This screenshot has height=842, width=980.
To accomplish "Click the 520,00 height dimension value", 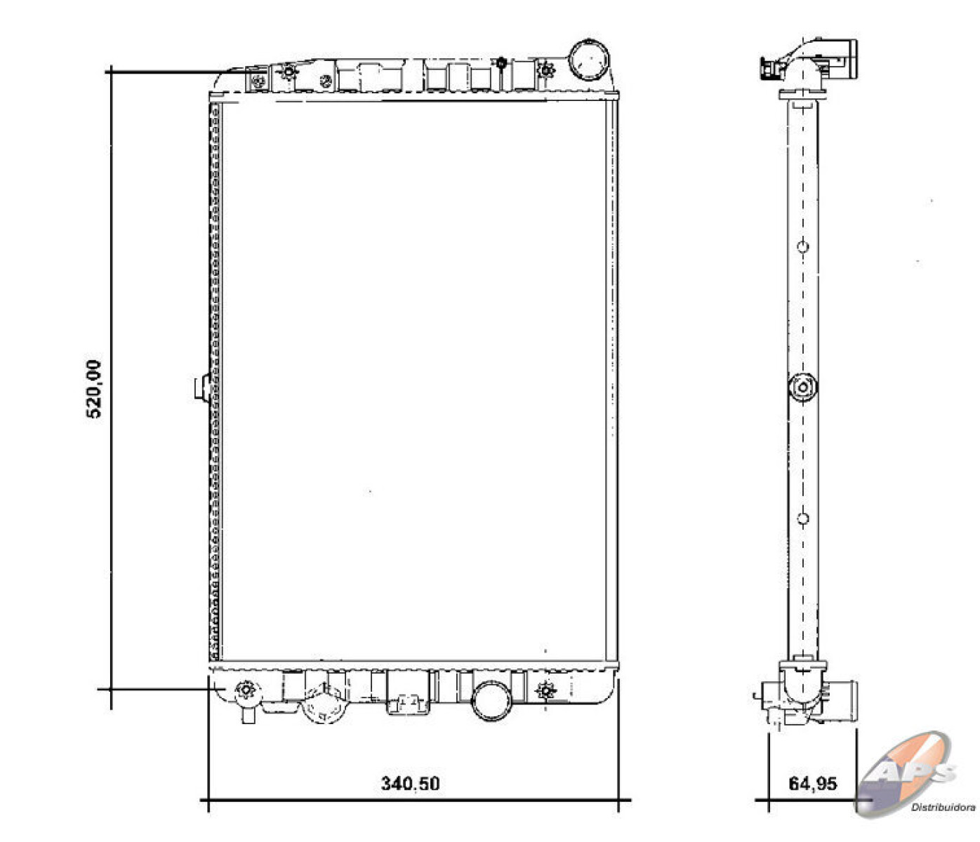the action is click(93, 389).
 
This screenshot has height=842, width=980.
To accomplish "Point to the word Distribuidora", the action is click(943, 808).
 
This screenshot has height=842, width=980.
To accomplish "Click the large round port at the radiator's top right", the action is click(588, 60).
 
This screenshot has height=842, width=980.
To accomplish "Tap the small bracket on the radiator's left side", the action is click(202, 387).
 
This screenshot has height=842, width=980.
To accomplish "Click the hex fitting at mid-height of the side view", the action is click(802, 387).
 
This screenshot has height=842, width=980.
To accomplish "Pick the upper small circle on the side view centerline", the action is click(802, 247).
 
